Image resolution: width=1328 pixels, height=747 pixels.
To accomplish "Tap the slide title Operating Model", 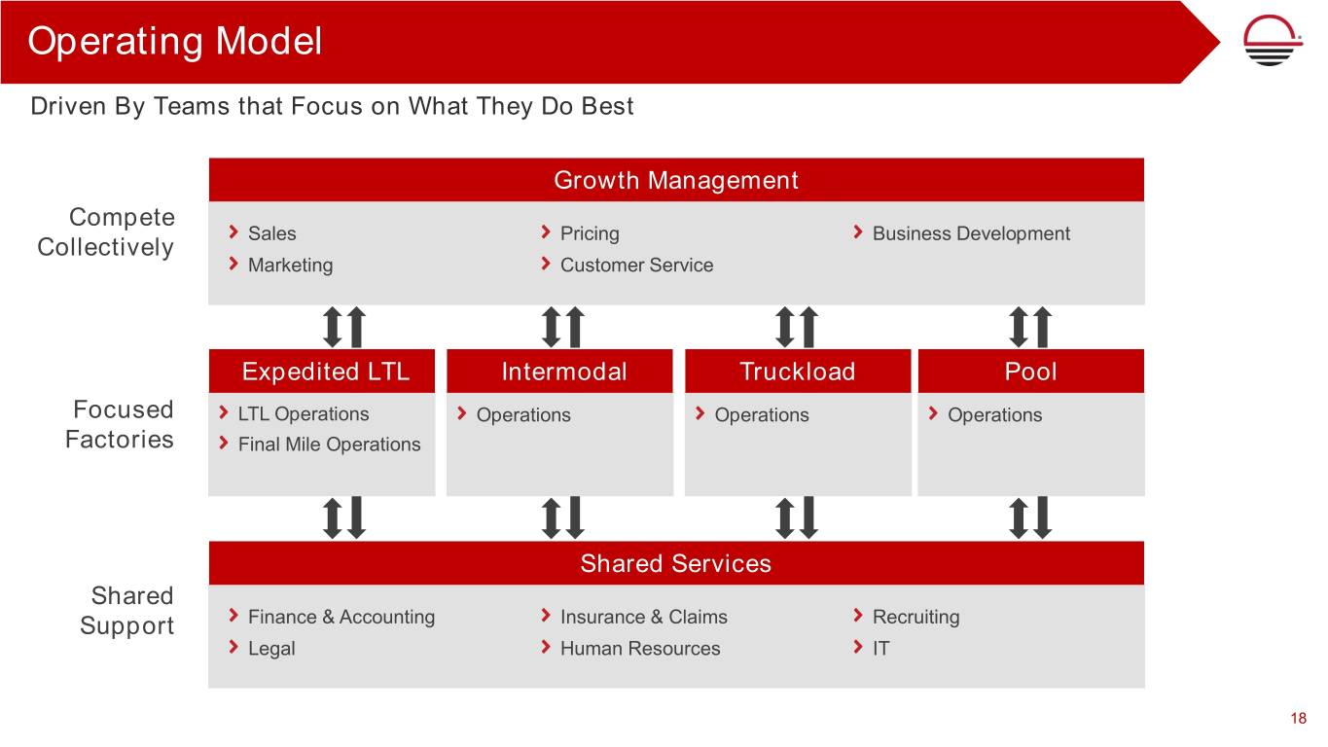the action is point(175,41).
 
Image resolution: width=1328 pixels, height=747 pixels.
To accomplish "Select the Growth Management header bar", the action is point(676,180).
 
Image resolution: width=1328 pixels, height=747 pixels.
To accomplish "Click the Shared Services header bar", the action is point(676,562).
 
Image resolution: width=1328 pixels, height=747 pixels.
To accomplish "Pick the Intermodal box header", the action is point(559,372).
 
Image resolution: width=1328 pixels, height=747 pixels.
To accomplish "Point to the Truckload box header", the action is point(798,372).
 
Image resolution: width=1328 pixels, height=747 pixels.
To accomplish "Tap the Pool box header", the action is point(1031,372).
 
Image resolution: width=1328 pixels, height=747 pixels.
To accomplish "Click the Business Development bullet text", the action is point(971,233).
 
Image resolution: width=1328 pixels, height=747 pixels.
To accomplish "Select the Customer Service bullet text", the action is point(636,265).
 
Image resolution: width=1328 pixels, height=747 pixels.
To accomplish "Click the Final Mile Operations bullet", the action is point(329,445).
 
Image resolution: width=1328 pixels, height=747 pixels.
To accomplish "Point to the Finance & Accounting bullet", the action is point(341,617).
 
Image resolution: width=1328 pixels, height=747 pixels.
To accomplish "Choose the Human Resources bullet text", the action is point(640,648).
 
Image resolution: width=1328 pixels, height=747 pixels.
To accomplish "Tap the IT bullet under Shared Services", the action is point(881,648).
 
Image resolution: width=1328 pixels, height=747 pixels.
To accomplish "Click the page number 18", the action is point(1298,718).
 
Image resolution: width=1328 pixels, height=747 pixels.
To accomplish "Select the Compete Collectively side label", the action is point(106,231).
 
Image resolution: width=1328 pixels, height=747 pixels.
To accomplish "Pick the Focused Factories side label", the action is point(119,424).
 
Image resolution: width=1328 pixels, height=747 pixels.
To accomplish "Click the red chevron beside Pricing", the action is point(546,231).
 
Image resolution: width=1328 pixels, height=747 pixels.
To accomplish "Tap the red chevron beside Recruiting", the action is point(858,616).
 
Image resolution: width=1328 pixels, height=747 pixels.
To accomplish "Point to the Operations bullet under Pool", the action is point(995,414).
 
